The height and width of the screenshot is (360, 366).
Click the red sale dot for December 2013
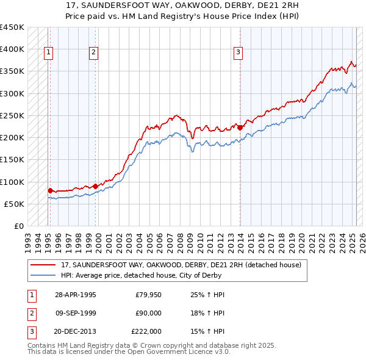pos(240,128)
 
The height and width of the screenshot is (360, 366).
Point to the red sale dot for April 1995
pos(50,190)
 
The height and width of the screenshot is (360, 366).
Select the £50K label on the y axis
pos(14,204)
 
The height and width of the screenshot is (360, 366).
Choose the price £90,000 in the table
pos(148,313)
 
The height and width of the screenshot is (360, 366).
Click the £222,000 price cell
pos(146,331)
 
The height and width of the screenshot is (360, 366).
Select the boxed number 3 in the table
pos(30,331)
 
